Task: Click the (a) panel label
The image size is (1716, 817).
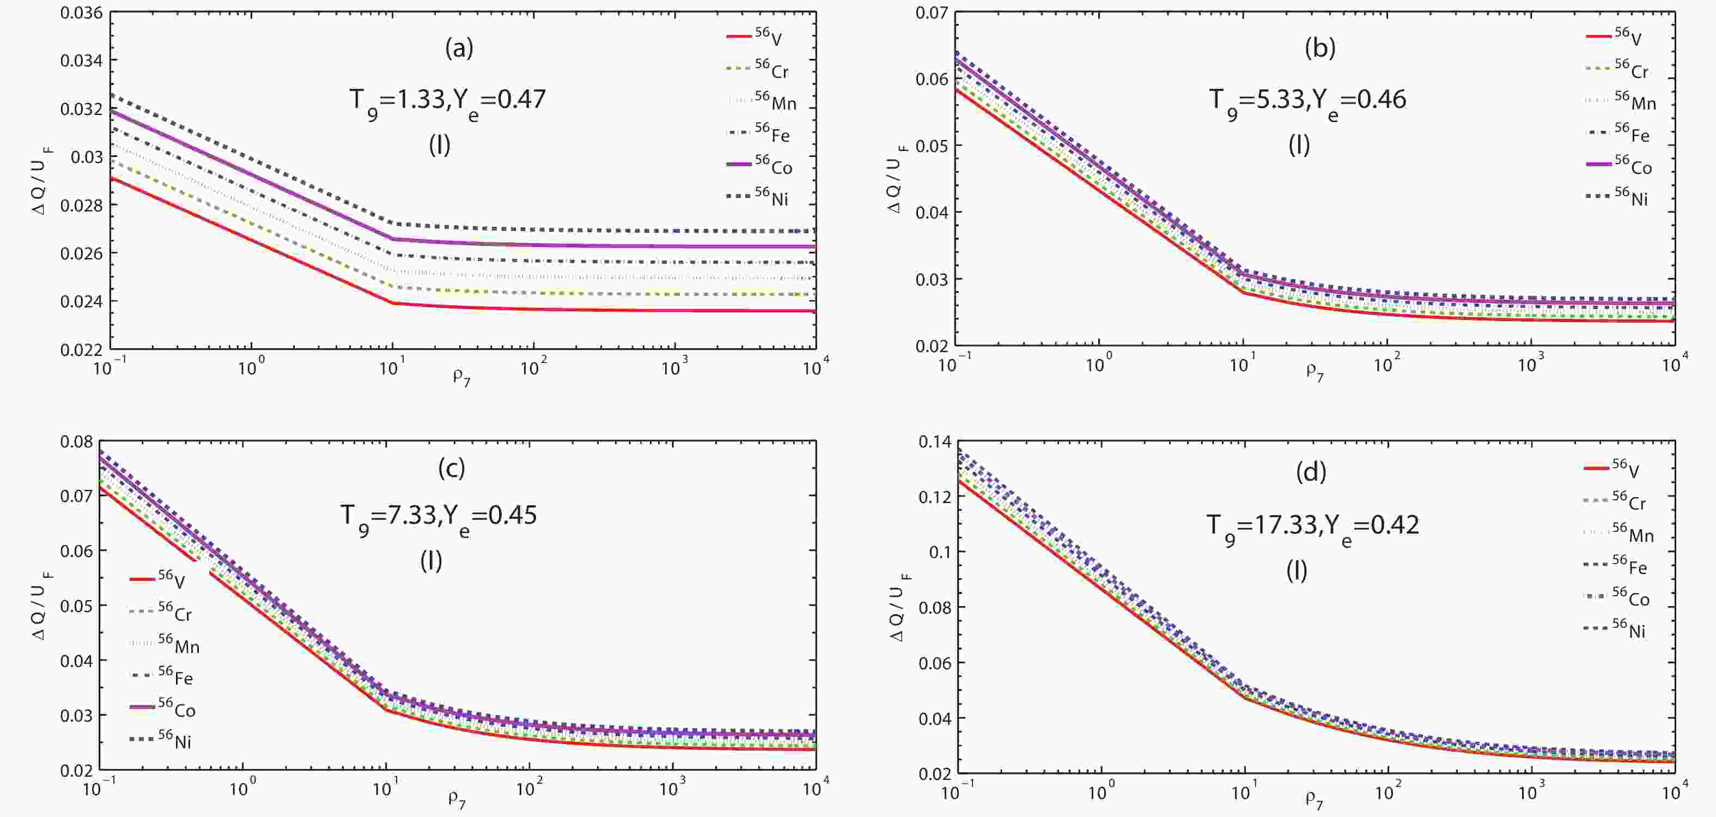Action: pyautogui.click(x=459, y=48)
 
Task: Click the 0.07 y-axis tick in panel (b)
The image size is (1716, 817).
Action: pyautogui.click(x=932, y=13)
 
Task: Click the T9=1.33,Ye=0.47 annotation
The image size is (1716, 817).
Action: pyautogui.click(x=448, y=101)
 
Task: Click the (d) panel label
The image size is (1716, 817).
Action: pyautogui.click(x=1311, y=472)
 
